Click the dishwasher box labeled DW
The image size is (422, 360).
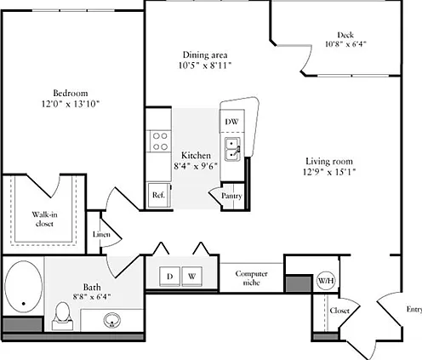(x=232, y=121)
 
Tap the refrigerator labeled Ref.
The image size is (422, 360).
(x=159, y=195)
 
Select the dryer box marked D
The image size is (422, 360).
(x=169, y=276)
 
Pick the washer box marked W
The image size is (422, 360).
(x=192, y=276)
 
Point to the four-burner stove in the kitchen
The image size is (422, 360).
(x=159, y=141)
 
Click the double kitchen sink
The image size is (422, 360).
(x=232, y=149)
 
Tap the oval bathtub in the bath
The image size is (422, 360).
(x=24, y=287)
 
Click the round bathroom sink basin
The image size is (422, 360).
(x=112, y=320)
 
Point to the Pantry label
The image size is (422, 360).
(x=231, y=196)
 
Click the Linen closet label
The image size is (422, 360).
(x=101, y=235)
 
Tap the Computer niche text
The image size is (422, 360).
(x=251, y=278)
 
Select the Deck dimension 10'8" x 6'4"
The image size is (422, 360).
(x=345, y=44)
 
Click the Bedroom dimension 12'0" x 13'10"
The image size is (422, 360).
(x=71, y=104)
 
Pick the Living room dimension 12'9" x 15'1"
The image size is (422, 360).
(x=329, y=172)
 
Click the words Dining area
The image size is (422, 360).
(x=205, y=54)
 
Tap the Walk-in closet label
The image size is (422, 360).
(x=44, y=219)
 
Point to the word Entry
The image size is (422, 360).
(x=414, y=310)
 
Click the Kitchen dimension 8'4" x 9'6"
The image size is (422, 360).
(x=196, y=166)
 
